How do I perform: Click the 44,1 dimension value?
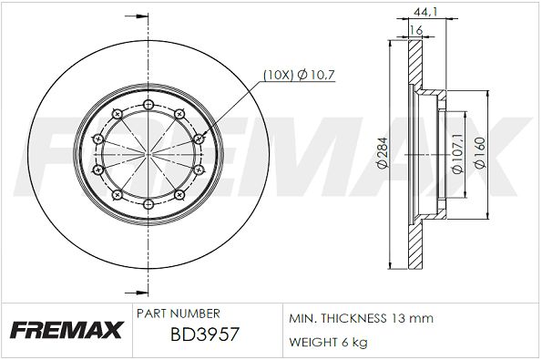tap(425, 12)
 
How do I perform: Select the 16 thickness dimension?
tap(416, 30)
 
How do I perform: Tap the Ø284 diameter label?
tap(383, 153)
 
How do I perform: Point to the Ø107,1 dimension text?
tap(457, 154)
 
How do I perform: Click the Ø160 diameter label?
tap(480, 153)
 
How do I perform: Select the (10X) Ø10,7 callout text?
tap(300, 75)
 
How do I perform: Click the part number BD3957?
tap(205, 334)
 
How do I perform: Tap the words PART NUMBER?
tap(179, 314)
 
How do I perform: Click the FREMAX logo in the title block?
tap(66, 330)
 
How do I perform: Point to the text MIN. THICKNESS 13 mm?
tap(362, 318)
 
